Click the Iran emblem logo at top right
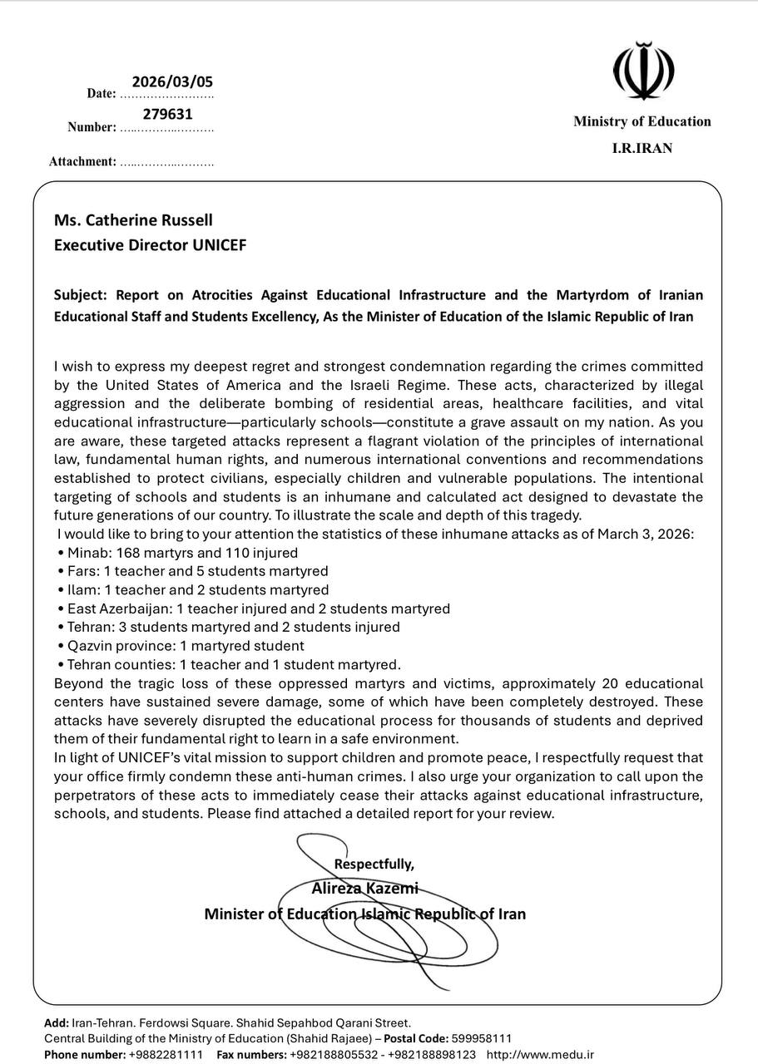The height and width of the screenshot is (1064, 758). [x=642, y=71]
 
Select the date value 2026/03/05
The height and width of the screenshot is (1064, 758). [x=172, y=81]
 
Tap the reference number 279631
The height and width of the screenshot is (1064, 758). [x=167, y=115]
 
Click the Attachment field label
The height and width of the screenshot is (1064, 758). [x=82, y=161]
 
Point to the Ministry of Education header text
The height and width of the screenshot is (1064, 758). [x=642, y=121]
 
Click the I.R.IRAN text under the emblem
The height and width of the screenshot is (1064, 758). [x=642, y=148]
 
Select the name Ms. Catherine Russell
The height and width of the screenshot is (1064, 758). [x=133, y=220]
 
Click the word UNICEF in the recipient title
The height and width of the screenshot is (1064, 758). [x=220, y=245]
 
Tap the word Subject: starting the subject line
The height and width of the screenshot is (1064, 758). [x=81, y=295]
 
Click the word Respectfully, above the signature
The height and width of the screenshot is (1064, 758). [x=374, y=864]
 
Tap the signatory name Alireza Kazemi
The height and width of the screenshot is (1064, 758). [x=364, y=888]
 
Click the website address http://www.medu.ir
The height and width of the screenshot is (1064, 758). [x=540, y=1054]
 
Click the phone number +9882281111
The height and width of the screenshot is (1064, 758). [x=165, y=1054]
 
